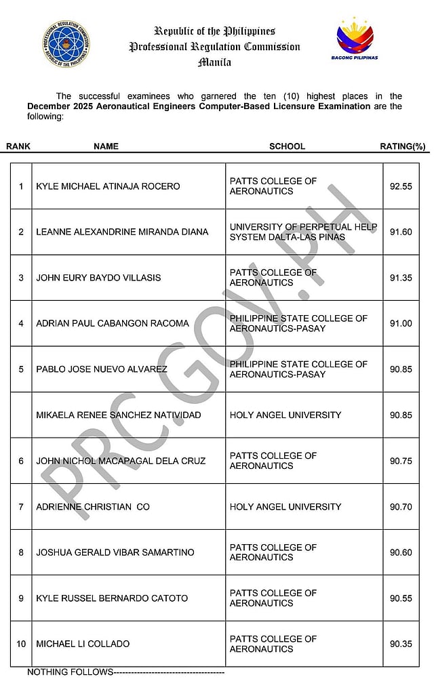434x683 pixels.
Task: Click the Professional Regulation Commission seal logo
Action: click(x=68, y=42)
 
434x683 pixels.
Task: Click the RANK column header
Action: click(x=18, y=146)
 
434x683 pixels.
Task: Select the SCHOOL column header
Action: click(x=287, y=146)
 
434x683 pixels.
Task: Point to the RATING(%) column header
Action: click(x=402, y=146)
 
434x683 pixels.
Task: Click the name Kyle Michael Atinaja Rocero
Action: click(x=108, y=186)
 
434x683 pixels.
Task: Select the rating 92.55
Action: click(x=401, y=186)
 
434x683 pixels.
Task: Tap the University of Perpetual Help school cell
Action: click(x=303, y=232)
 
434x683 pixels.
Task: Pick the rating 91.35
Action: click(x=401, y=278)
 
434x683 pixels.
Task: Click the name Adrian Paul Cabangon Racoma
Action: click(x=113, y=323)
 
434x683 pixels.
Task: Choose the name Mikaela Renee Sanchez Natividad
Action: click(x=119, y=415)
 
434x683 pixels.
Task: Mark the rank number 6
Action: click(x=21, y=461)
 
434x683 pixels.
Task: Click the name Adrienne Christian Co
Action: click(x=93, y=507)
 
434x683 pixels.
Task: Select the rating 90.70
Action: click(x=401, y=507)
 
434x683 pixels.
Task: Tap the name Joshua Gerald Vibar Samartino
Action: click(x=115, y=552)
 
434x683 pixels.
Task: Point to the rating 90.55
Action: click(x=401, y=598)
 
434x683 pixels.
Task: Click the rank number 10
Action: click(x=21, y=644)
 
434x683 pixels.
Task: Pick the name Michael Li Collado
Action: click(x=83, y=644)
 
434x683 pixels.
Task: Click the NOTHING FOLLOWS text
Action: click(x=70, y=672)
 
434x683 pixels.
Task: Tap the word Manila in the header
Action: click(x=214, y=62)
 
